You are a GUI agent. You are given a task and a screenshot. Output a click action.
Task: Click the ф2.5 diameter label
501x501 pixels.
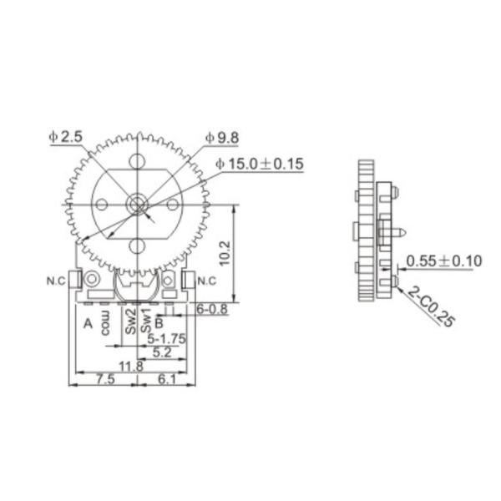click(x=66, y=137)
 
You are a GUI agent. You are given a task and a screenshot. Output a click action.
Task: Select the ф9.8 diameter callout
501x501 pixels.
click(x=222, y=138)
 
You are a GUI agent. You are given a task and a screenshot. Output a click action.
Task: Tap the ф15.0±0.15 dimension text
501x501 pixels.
click(x=260, y=164)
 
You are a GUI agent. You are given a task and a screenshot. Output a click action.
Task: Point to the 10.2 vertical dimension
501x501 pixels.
click(x=225, y=253)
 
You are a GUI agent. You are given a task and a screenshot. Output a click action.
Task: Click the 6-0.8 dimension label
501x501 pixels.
click(x=212, y=309)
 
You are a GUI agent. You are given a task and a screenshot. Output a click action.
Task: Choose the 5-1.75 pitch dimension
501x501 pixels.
click(x=166, y=339)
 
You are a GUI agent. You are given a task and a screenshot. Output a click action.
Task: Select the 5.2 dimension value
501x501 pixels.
click(x=162, y=352)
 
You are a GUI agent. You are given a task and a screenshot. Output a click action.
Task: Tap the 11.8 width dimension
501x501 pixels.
click(x=131, y=367)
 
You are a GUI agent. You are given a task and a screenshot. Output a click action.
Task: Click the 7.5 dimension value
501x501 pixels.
click(x=105, y=379)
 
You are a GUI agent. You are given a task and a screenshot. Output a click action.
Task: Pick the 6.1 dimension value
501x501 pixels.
click(x=167, y=379)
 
